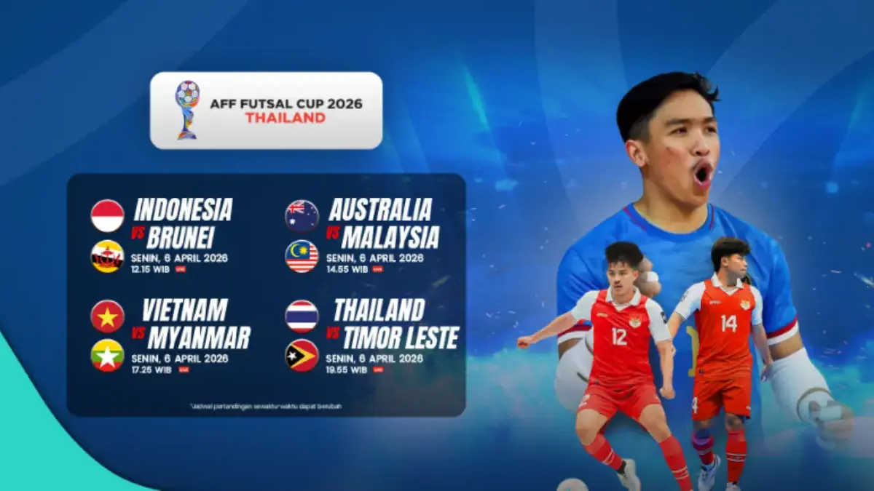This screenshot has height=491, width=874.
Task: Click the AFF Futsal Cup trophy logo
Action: tap(187, 109)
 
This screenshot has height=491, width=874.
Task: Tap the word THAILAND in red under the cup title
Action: tap(285, 119)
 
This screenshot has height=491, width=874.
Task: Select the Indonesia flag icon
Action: tap(108, 216)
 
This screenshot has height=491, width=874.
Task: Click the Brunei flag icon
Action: tap(108, 256)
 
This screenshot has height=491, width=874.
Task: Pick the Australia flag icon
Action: tap(302, 216)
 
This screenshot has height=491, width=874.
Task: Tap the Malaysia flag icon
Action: tap(302, 256)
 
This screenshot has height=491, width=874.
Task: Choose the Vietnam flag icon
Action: tap(108, 316)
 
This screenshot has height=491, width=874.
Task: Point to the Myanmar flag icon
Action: tap(108, 356)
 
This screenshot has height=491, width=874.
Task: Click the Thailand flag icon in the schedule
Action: tap(302, 316)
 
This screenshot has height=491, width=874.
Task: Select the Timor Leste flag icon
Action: tap(302, 356)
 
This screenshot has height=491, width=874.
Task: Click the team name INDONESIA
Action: tap(183, 210)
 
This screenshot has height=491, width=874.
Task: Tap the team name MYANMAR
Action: tap(199, 338)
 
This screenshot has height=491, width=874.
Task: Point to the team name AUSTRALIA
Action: tap(380, 210)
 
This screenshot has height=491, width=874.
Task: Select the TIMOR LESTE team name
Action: tap(401, 338)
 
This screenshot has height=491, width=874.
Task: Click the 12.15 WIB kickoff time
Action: tap(151, 268)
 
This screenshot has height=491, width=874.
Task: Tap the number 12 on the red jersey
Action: tap(619, 337)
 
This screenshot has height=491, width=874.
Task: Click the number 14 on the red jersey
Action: tap(728, 323)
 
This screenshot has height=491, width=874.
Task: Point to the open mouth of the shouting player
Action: tap(703, 174)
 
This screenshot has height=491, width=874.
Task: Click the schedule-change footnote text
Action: tap(265, 406)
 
